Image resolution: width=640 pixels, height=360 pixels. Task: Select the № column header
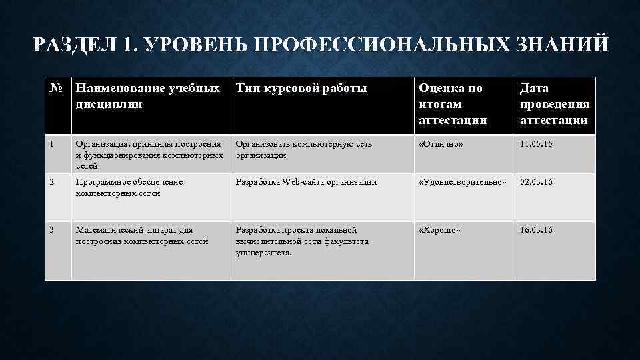pos(57,88)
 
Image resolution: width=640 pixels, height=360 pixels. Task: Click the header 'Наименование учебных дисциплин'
pos(147,95)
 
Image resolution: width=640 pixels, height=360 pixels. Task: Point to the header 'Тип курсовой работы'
pos(301,88)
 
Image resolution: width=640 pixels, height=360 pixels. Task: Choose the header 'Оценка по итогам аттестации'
pos(451,104)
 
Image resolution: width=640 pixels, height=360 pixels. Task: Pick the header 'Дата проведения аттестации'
pos(554,104)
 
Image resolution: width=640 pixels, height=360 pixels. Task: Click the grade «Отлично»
pos(440,144)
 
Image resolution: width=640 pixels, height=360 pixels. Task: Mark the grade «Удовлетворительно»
pos(463,182)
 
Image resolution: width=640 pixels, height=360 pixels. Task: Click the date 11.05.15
pos(537,144)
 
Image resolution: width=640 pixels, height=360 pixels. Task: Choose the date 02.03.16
pos(537,182)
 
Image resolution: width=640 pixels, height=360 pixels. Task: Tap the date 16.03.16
pos(537,230)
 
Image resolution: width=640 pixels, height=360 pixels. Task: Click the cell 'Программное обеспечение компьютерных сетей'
pos(129,187)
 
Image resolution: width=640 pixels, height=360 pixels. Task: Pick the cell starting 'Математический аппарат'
pos(142,235)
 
